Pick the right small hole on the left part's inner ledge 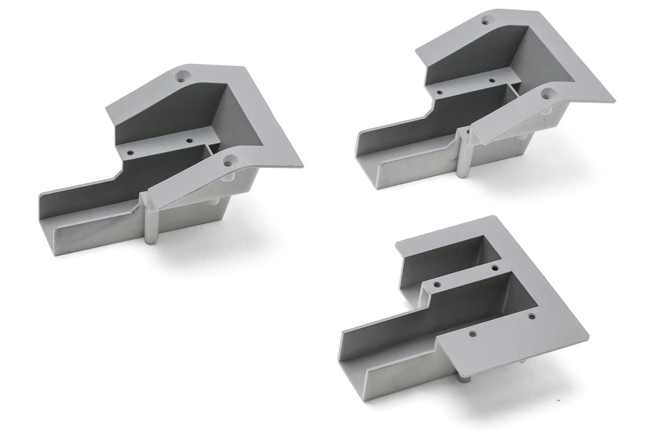click(x=189, y=140)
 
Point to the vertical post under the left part click(x=152, y=228)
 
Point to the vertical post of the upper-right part click(x=462, y=162)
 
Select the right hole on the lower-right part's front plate click(x=531, y=316)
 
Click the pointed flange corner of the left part click(x=302, y=166)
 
